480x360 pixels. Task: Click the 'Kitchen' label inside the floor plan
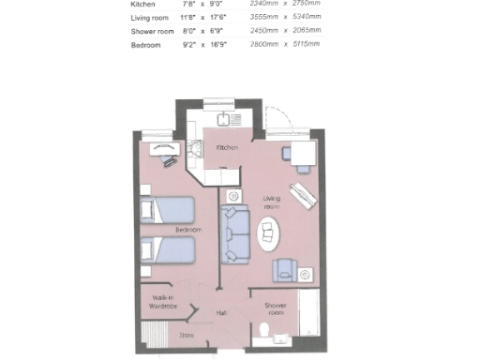(227, 148)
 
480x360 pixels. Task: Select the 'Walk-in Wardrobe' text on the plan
(157, 301)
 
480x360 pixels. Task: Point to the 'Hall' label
(222, 313)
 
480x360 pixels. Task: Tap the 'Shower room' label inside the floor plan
(275, 309)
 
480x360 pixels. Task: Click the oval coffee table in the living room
(269, 233)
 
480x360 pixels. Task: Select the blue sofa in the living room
(233, 233)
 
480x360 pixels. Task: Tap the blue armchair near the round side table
(283, 271)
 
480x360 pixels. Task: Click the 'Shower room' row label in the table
(154, 31)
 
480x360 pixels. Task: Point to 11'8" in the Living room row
(191, 17)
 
